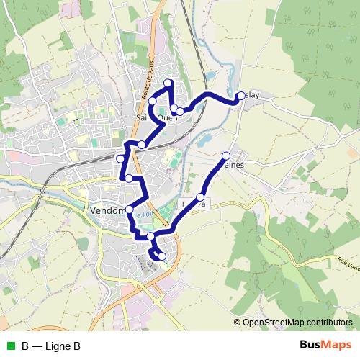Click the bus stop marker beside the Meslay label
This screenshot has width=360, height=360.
coord(240,96)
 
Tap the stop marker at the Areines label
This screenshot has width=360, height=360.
coord(226,156)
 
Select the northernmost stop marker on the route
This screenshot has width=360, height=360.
coord(168,84)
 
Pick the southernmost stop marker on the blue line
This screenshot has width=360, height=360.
coord(161,256)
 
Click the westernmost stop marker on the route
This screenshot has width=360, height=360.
coord(120,158)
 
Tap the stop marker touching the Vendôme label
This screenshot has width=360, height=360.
coord(130,210)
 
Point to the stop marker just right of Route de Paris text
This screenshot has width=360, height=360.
coord(153,102)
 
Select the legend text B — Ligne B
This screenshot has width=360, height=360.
coord(50,346)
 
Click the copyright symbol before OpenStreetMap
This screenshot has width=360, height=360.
coord(238,323)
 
